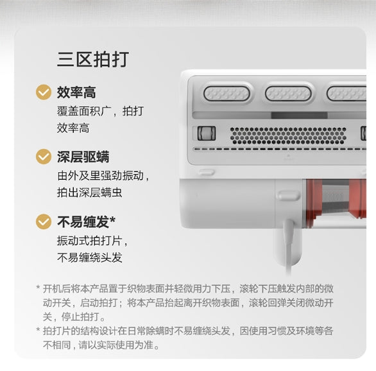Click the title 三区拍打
pyautogui.click(x=93, y=59)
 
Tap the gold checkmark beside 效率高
pyautogui.click(x=44, y=92)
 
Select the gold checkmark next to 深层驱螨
pyautogui.click(x=44, y=157)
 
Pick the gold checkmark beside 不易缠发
pyautogui.click(x=44, y=221)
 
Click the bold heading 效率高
pyautogui.click(x=76, y=92)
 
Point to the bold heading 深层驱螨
pyautogui.click(x=83, y=157)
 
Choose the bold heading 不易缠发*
pyautogui.click(x=87, y=221)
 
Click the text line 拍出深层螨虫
pyautogui.click(x=89, y=193)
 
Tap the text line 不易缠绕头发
pyautogui.click(x=89, y=257)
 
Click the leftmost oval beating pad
pyautogui.click(x=226, y=93)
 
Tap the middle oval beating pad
pyautogui.click(x=288, y=93)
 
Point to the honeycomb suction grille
pyautogui.click(x=288, y=135)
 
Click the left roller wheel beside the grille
pyautogui.click(x=207, y=133)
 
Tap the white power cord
pyautogui.click(x=289, y=247)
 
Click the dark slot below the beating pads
pyautogui.click(x=299, y=115)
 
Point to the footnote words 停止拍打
pyautogui.click(x=80, y=317)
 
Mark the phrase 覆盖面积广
pyautogui.click(x=84, y=111)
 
